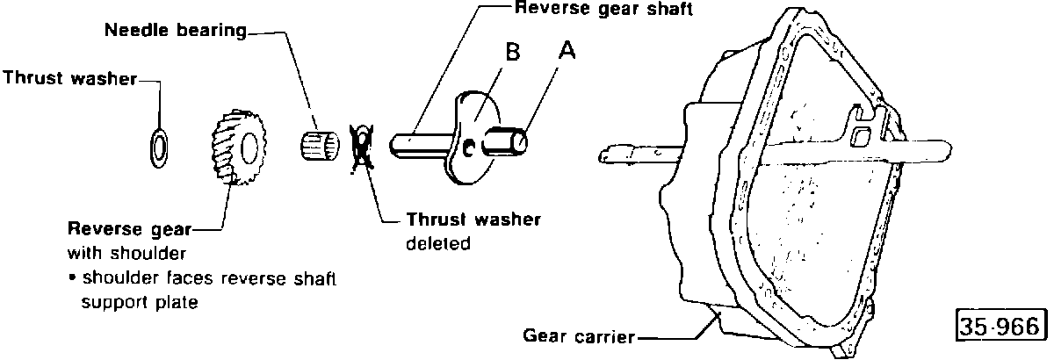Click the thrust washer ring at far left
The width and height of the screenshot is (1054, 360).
151,148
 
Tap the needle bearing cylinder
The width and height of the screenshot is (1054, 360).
320,145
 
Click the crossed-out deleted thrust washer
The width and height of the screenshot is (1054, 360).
362,148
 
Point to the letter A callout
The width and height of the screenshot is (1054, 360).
567,50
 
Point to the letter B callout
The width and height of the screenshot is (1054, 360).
513,52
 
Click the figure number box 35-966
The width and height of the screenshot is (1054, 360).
1002,325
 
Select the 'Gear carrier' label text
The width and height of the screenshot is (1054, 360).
579,336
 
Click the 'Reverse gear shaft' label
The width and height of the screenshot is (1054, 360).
603,9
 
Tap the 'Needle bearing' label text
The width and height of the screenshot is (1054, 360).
176,30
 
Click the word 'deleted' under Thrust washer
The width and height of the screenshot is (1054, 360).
438,244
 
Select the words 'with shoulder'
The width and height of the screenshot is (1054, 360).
127,253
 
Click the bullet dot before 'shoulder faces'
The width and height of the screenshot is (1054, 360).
72,278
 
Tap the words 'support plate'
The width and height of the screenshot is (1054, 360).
140,302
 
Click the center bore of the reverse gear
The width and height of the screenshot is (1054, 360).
249,148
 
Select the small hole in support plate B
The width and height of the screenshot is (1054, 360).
468,148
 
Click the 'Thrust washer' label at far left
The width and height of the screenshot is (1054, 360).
70,78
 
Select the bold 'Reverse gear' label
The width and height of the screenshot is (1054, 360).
130,229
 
